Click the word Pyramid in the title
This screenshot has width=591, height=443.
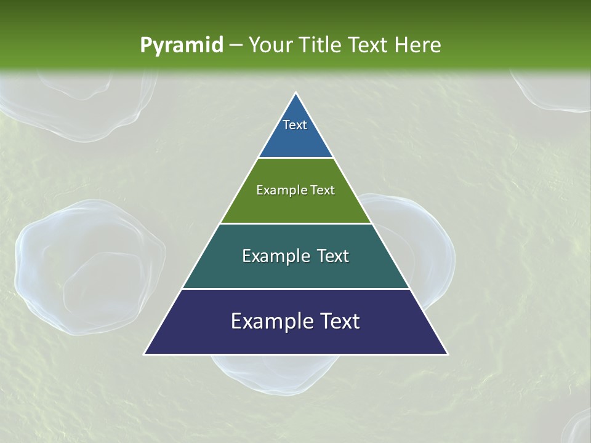click(x=181, y=46)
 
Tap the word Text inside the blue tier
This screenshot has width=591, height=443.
click(x=295, y=125)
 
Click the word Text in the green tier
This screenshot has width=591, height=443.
click(x=323, y=190)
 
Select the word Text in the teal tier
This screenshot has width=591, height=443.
click(x=332, y=256)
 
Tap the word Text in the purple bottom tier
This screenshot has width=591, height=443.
click(x=340, y=321)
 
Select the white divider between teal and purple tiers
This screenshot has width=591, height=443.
click(x=295, y=289)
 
